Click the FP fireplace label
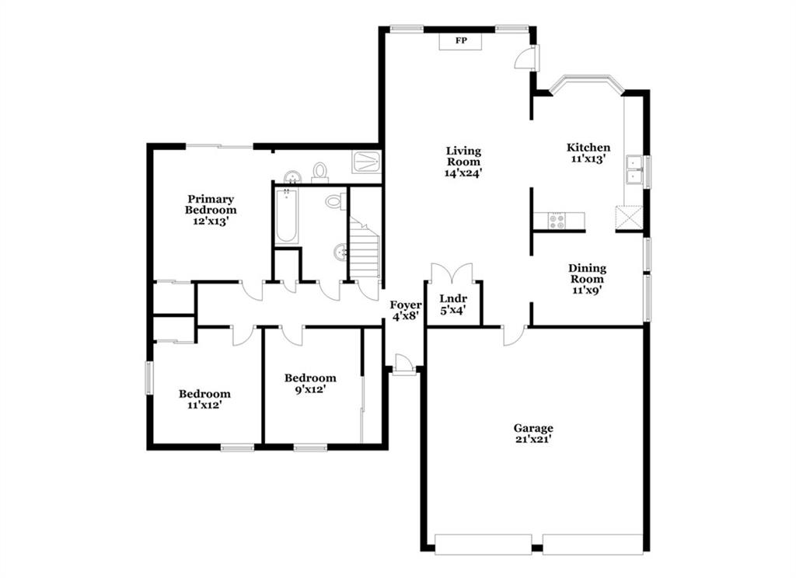click(x=461, y=40)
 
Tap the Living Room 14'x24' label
click(x=463, y=162)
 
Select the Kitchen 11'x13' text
click(x=588, y=153)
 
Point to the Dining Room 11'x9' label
click(x=587, y=279)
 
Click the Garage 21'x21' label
click(x=533, y=433)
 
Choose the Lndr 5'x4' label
click(x=453, y=305)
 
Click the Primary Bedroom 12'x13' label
click(x=210, y=210)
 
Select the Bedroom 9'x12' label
click(x=309, y=384)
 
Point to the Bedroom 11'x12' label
click(x=204, y=399)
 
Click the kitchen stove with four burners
click(x=557, y=220)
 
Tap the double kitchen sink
click(x=634, y=169)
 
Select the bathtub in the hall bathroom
click(x=287, y=216)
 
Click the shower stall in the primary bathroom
click(x=367, y=162)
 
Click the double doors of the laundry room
click(x=452, y=273)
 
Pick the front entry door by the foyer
click(x=403, y=365)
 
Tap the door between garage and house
click(x=515, y=335)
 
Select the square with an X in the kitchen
click(x=629, y=218)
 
